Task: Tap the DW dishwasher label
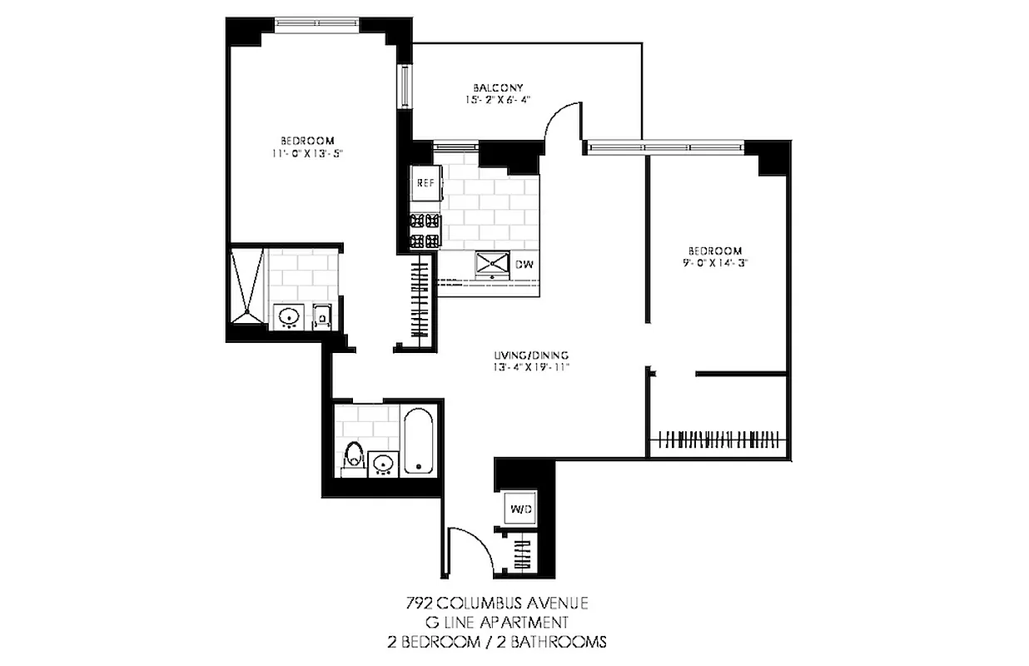click(x=524, y=265)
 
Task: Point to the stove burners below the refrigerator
click(x=424, y=231)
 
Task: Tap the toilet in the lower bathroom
click(x=354, y=458)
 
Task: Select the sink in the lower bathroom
click(x=384, y=462)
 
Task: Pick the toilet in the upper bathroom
click(x=322, y=316)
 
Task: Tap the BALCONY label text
click(x=498, y=87)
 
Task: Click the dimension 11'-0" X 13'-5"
click(x=307, y=153)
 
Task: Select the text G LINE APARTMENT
click(x=498, y=623)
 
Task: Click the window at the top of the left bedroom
click(x=316, y=22)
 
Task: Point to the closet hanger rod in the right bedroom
click(x=718, y=437)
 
